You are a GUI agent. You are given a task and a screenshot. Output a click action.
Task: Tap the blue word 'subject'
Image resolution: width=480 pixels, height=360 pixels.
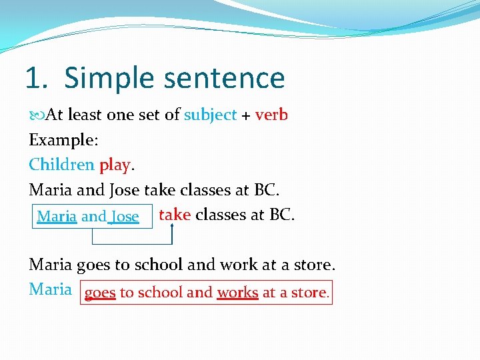(211, 115)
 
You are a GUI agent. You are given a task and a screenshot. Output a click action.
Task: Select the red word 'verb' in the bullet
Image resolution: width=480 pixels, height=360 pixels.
(271, 115)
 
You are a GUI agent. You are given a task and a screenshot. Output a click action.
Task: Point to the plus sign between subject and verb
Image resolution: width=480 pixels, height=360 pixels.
(246, 115)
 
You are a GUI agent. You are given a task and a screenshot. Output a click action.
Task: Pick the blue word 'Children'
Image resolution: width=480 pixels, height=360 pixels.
(61, 164)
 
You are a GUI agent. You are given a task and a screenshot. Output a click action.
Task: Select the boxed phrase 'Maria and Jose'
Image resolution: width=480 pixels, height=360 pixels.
(88, 217)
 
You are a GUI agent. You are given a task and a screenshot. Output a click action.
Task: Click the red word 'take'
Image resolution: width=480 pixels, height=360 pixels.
(175, 215)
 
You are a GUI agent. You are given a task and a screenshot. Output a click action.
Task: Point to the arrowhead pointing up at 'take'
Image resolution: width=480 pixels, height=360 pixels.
(172, 227)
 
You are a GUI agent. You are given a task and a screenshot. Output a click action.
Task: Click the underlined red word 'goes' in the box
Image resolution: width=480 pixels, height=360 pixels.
(100, 293)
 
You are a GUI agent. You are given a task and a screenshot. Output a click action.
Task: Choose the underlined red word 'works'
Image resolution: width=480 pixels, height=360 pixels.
(237, 293)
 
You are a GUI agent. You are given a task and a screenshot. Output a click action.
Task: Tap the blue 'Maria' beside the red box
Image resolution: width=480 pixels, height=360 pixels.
(50, 289)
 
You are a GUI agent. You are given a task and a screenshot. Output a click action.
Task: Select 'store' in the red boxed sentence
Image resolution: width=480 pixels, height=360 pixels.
(310, 293)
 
